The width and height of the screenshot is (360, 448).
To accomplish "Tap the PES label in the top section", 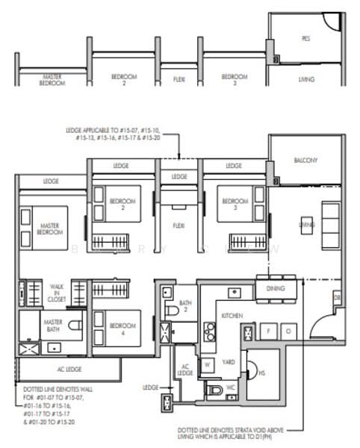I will coord(305,38).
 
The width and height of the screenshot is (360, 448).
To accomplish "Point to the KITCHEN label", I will coord(232,317).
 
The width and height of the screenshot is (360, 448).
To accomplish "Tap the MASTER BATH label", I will coord(53,326).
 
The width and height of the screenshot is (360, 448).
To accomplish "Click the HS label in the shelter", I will coord(261,374).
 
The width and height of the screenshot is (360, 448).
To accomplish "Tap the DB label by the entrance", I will coord(337,299).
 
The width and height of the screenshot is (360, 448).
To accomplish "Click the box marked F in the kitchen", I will coord(267,329).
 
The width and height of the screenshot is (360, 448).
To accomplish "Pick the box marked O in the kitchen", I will coord(287,329).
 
